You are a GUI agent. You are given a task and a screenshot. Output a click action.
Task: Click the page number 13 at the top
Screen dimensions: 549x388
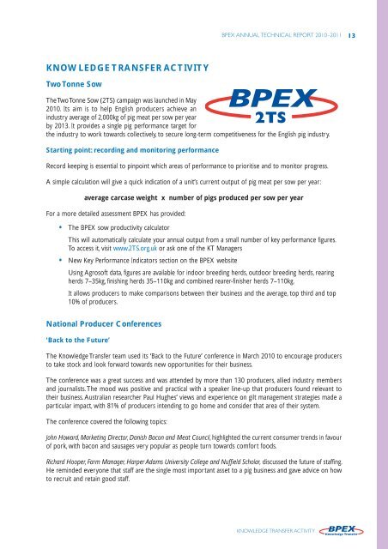363,36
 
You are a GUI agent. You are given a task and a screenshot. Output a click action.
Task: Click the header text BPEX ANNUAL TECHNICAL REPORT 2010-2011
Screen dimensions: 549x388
283,36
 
